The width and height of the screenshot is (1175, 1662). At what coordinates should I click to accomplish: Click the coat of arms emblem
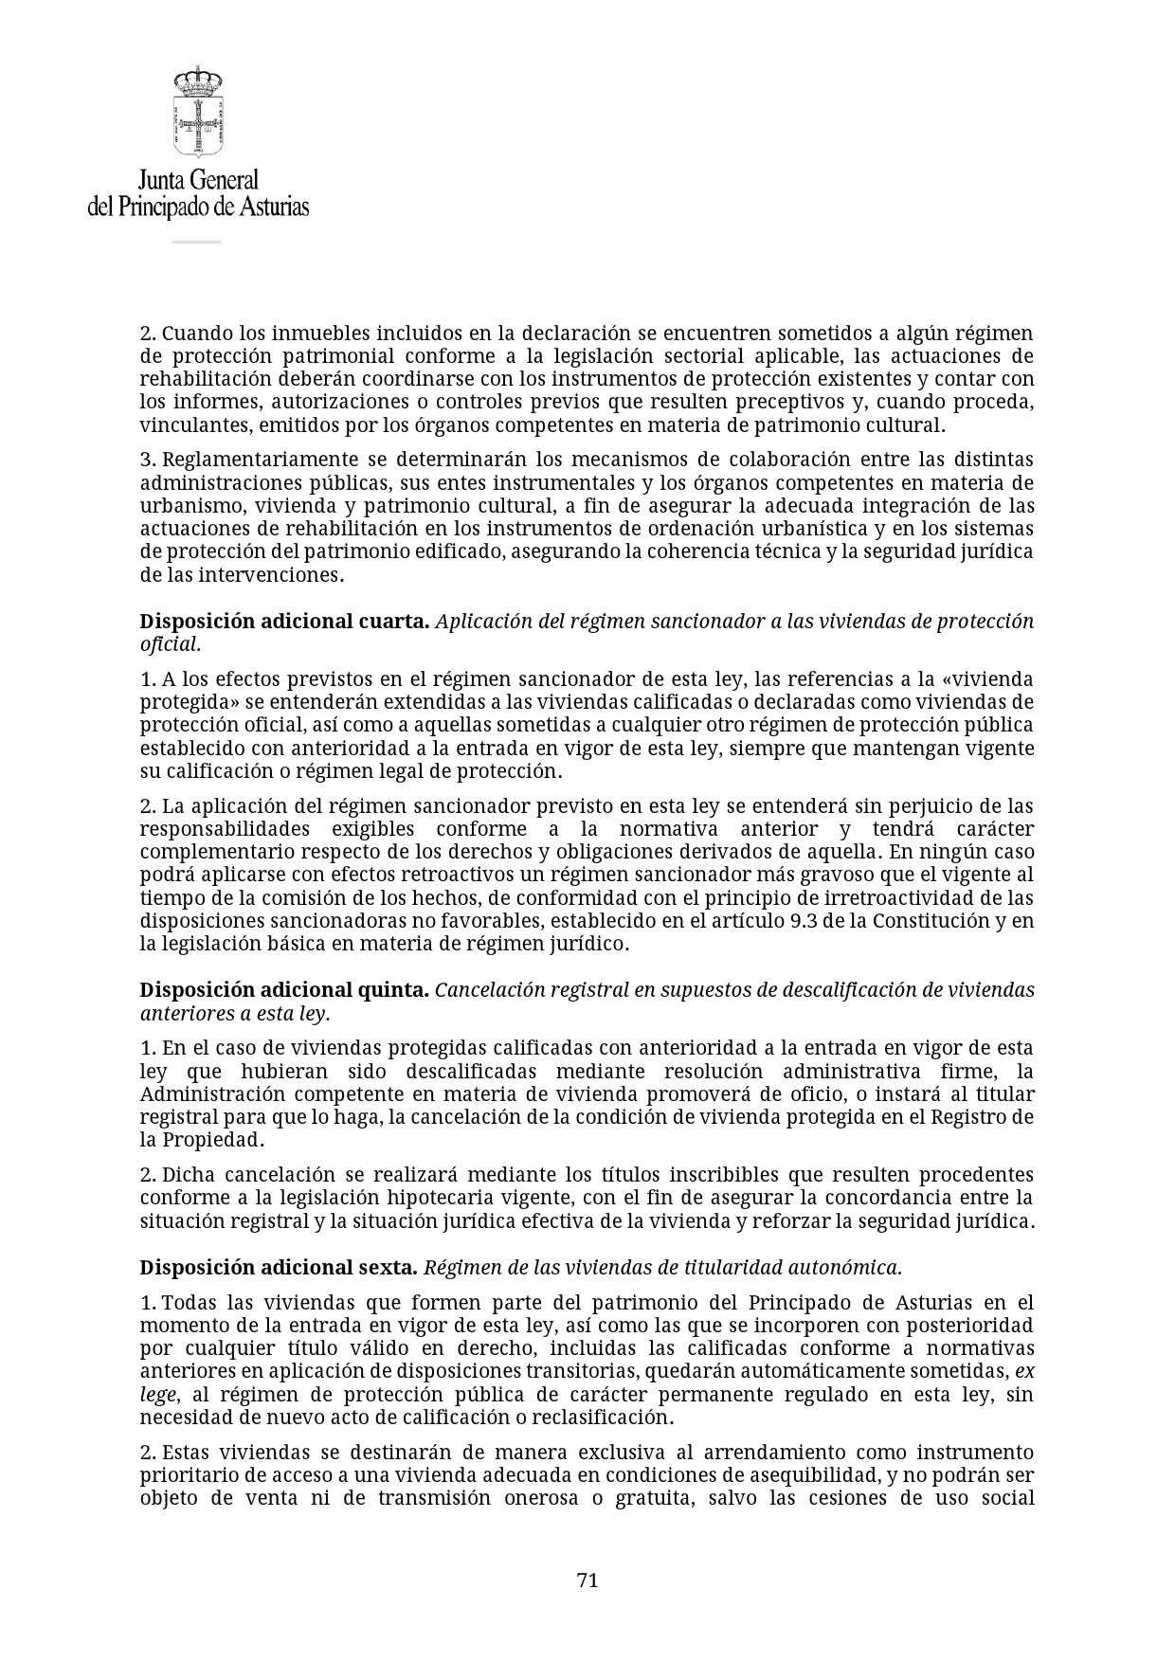click(197, 112)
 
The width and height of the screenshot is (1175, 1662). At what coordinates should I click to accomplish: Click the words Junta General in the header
click(198, 180)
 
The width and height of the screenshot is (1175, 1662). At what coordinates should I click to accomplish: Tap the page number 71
click(587, 1580)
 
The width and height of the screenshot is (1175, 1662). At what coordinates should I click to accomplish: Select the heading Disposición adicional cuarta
click(284, 622)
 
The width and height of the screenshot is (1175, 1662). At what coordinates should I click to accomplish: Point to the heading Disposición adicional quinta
click(284, 990)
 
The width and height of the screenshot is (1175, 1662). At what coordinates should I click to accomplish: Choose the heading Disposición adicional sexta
click(279, 1268)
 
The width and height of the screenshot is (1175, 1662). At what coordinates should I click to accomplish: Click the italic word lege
click(157, 1395)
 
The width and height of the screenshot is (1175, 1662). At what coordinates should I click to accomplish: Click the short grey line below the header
click(196, 243)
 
